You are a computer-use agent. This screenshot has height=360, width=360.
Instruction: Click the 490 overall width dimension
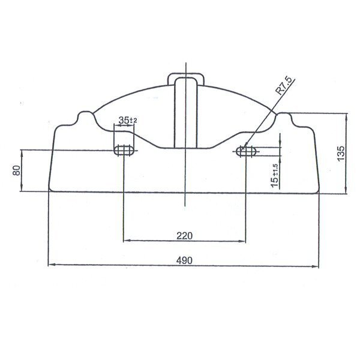(x=184, y=260)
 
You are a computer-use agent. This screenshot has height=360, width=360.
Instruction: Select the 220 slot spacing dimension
(x=184, y=236)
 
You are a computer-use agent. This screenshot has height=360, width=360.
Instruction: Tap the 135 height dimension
(x=341, y=153)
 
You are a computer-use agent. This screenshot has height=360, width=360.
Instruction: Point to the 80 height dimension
(x=17, y=170)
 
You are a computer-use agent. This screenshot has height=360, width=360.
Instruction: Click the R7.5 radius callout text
(x=284, y=86)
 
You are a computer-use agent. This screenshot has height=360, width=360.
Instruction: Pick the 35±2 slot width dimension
(x=128, y=120)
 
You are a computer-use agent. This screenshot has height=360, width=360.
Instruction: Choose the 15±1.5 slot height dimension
(x=275, y=176)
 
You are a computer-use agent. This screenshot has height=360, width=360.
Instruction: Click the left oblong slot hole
(x=124, y=151)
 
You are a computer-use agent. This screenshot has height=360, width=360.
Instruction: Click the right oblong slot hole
(x=246, y=151)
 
